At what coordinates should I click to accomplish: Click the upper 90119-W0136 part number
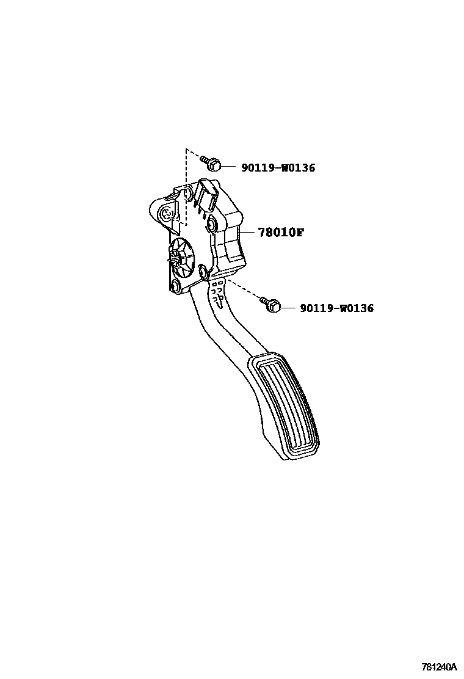click(278, 168)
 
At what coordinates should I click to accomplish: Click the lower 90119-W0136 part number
click(336, 309)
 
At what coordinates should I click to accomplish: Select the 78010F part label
click(280, 233)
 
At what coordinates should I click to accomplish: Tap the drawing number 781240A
click(438, 667)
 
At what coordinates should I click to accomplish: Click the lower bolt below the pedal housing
click(271, 304)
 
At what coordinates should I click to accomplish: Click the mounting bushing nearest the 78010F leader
click(211, 224)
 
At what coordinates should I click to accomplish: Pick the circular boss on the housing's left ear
click(165, 214)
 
